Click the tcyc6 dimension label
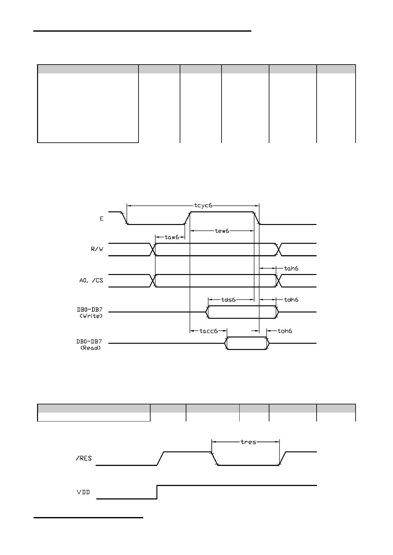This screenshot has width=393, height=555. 203,205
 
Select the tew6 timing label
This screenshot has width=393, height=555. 222,231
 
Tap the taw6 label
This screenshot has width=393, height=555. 172,237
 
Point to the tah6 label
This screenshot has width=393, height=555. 291,268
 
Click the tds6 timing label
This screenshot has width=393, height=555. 229,300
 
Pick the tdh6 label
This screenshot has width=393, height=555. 291,300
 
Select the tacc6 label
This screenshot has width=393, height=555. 209,331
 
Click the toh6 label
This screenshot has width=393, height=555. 285,331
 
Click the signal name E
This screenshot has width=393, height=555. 102,218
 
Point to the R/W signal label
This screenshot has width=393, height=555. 97,249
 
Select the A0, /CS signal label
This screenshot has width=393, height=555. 91,281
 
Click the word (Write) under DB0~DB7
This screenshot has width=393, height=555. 91,316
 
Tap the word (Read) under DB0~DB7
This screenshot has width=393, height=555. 91,348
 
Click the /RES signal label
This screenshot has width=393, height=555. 84,458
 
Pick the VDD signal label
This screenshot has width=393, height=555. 83,492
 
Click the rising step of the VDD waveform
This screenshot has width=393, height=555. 157,492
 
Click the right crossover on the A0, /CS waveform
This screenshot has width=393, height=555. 279,281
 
